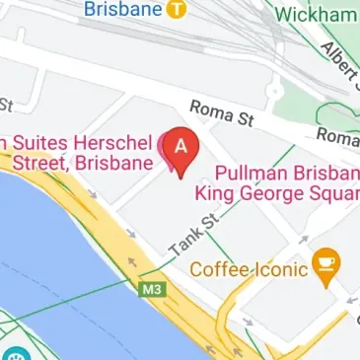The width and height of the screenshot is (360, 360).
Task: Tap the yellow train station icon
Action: [x=176, y=9]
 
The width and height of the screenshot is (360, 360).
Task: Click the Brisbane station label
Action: [x=122, y=10]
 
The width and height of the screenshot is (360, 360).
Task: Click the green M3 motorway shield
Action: [x=149, y=290]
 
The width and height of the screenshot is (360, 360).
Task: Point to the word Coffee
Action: [x=217, y=268]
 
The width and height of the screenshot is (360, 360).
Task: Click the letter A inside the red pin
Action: [x=180, y=145]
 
